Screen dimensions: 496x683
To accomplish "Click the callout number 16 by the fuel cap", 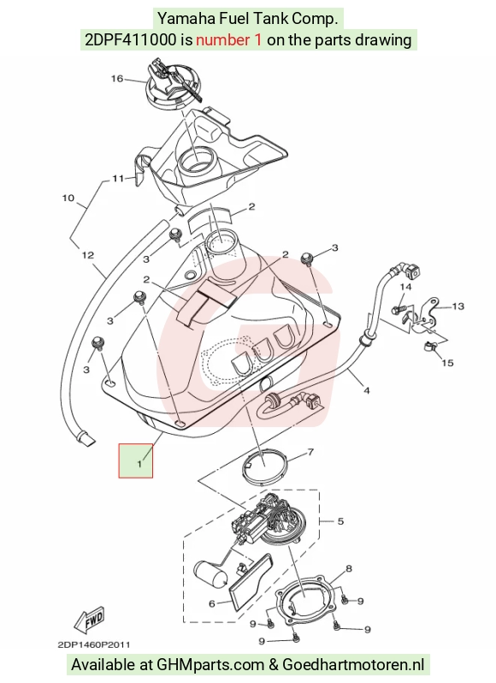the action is pyautogui.click(x=117, y=79).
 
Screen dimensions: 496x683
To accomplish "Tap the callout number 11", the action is pyautogui.click(x=118, y=178).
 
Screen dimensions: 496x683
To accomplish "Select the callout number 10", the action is pyautogui.click(x=68, y=199).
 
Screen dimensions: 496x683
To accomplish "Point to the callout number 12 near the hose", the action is pyautogui.click(x=88, y=254).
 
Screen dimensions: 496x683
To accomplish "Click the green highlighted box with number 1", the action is pyautogui.click(x=136, y=460).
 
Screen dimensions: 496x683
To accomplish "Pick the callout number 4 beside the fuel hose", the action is pyautogui.click(x=367, y=391).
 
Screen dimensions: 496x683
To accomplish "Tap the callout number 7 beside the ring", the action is pyautogui.click(x=310, y=452).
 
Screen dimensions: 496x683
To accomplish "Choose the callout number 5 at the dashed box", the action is pyautogui.click(x=340, y=521).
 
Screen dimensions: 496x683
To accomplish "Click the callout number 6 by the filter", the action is pyautogui.click(x=212, y=603).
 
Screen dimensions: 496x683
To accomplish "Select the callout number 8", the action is pyautogui.click(x=349, y=568).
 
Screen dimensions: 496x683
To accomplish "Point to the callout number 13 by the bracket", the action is pyautogui.click(x=458, y=306).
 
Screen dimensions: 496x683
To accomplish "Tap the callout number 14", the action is pyautogui.click(x=405, y=287).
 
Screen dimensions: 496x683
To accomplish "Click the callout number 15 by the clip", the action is pyautogui.click(x=448, y=362).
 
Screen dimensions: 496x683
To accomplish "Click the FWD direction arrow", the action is pyautogui.click(x=89, y=619).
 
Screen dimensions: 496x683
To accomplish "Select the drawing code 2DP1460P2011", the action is pyautogui.click(x=93, y=644).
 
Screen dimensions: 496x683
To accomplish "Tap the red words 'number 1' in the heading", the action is pyautogui.click(x=229, y=39).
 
